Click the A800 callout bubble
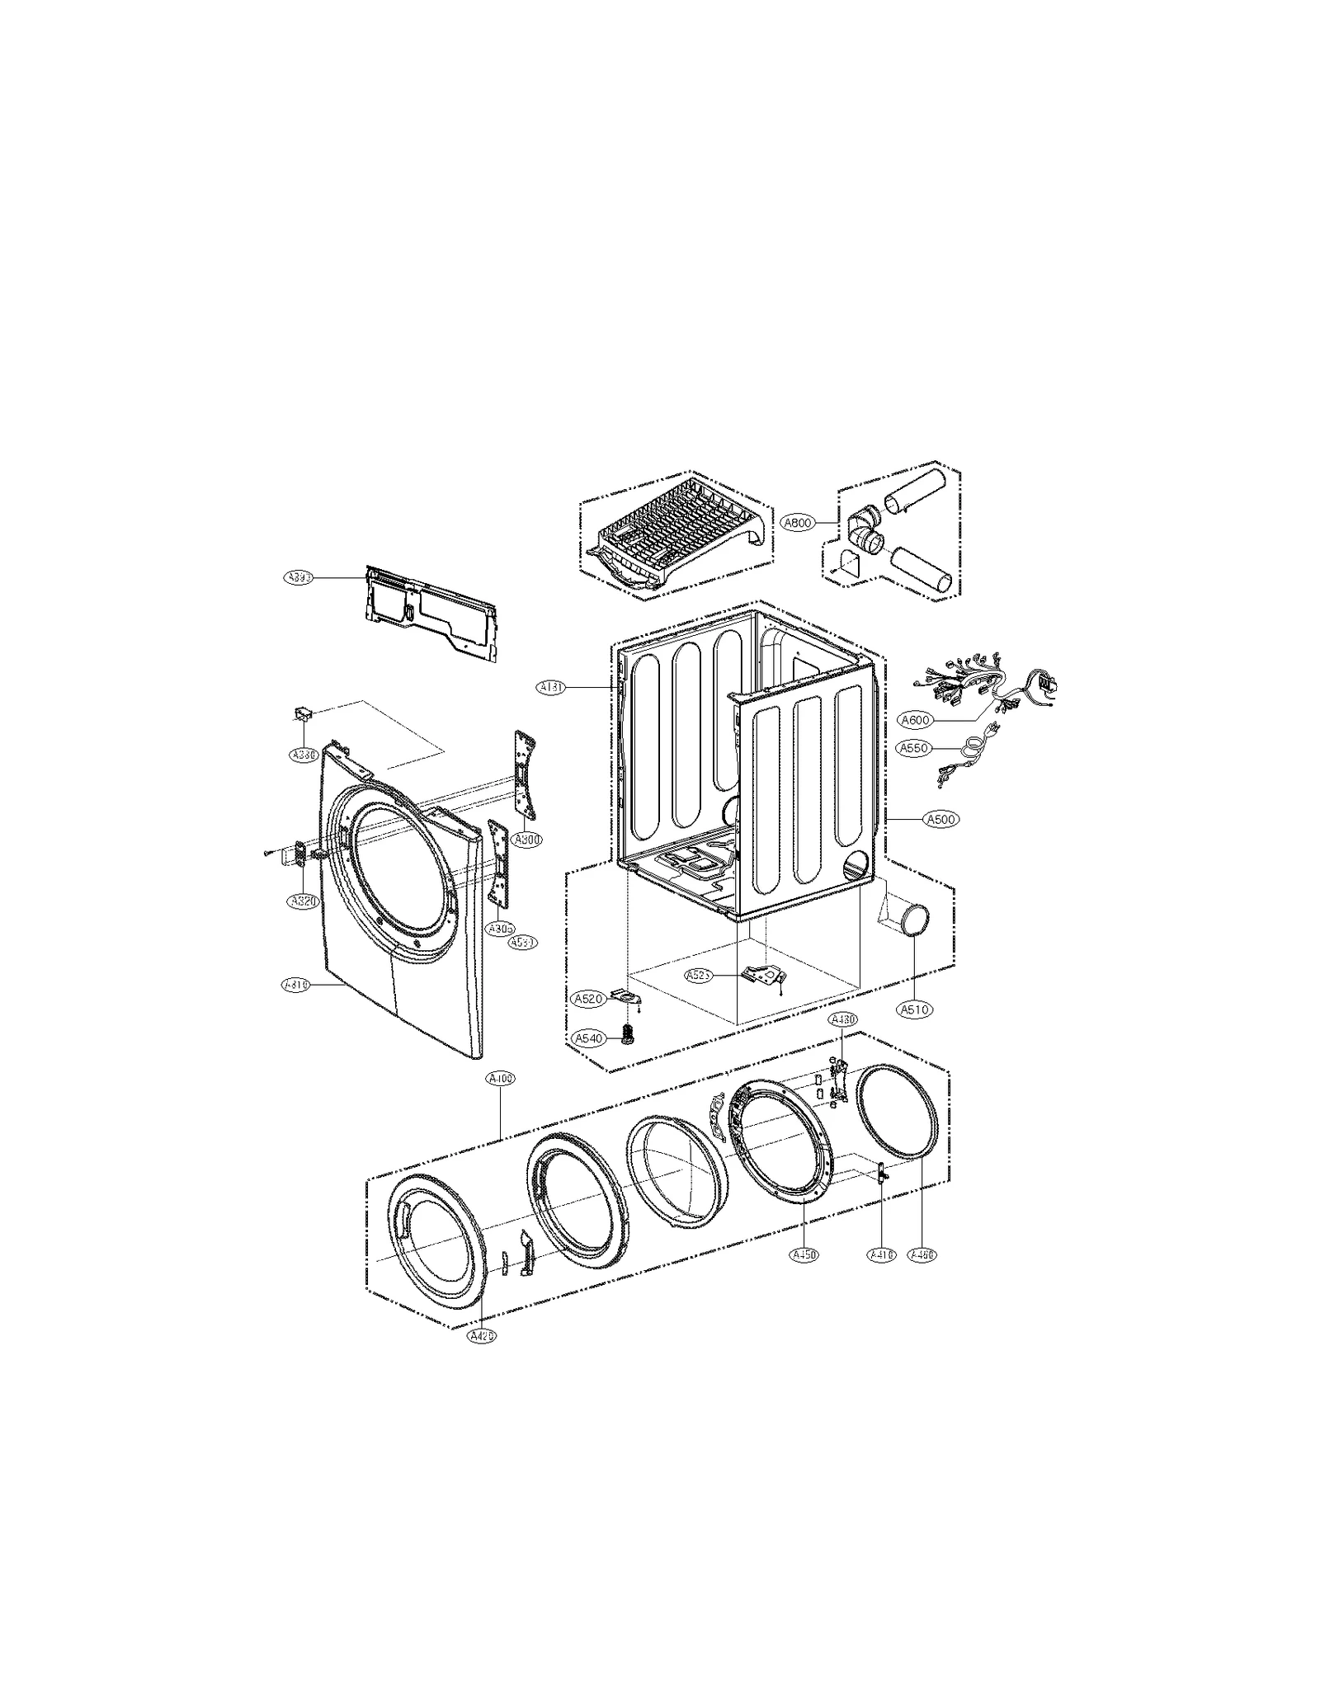click(798, 522)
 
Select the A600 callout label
click(915, 720)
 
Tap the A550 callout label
click(915, 748)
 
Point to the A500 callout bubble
click(940, 819)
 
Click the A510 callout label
click(915, 1009)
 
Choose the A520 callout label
click(589, 999)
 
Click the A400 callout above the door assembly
click(500, 1078)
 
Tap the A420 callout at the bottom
click(482, 1337)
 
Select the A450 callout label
click(804, 1277)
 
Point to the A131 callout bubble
click(551, 686)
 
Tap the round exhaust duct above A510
click(912, 919)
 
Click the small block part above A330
click(304, 713)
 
